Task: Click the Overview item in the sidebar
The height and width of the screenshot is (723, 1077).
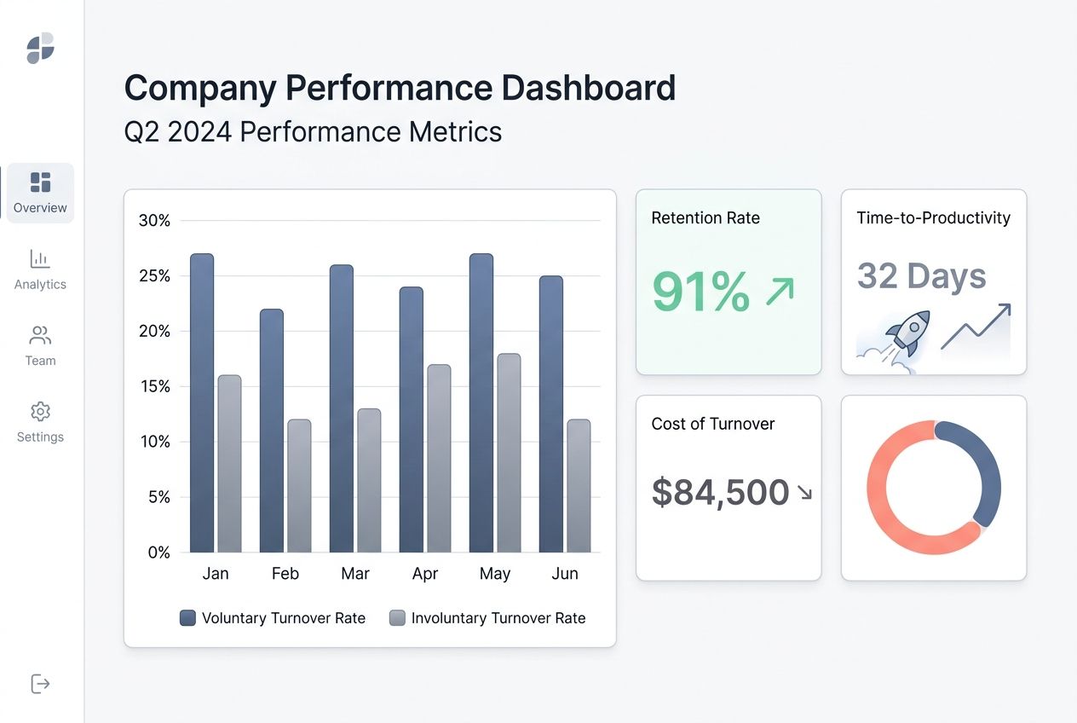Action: (x=40, y=193)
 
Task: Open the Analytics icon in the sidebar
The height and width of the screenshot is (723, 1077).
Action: (x=40, y=258)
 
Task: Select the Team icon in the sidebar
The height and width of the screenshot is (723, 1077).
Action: (x=40, y=335)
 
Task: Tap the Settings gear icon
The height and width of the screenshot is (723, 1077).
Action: (x=40, y=412)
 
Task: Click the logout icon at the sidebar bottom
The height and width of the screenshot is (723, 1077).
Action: (x=40, y=684)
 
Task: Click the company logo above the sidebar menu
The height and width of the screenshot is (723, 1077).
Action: (x=40, y=48)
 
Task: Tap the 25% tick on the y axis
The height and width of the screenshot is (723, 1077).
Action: (x=154, y=276)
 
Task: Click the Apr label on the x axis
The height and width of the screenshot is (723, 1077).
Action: (x=424, y=574)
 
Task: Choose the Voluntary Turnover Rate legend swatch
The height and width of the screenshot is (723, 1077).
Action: (x=188, y=618)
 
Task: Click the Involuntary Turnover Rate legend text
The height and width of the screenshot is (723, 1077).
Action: (x=498, y=618)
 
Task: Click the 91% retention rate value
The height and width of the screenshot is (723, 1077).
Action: (x=700, y=292)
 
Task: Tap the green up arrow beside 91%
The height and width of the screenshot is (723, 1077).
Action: (x=780, y=291)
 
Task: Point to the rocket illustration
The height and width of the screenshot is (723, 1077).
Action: (x=907, y=334)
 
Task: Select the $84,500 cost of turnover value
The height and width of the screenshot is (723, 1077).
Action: (x=720, y=492)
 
